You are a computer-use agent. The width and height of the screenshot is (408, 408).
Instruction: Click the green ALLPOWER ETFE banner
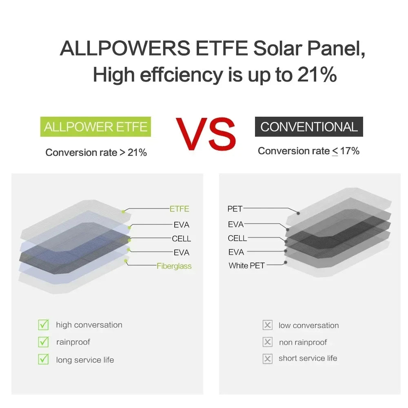point(95,126)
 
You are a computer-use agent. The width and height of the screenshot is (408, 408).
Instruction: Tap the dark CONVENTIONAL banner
point(309,126)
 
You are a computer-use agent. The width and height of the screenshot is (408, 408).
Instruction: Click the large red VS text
point(206,133)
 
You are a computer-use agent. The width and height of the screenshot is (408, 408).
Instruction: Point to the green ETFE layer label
point(180,209)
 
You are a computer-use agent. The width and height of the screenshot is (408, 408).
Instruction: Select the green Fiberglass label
point(174,266)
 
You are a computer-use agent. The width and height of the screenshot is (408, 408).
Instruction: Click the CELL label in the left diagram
point(181,239)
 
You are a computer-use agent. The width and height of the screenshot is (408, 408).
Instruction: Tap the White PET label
point(246,266)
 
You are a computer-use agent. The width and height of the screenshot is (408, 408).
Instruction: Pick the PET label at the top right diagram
point(235,209)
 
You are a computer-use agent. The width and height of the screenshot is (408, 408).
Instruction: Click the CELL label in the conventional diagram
point(237,238)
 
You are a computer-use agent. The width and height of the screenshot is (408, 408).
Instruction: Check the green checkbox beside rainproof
point(43,342)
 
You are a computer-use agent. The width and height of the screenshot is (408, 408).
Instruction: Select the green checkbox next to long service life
point(43,359)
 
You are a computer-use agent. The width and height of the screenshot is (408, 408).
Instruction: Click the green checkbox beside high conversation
point(43,325)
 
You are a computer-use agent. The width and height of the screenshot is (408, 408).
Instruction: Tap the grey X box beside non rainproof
point(268,342)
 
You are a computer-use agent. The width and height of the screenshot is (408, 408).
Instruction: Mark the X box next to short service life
point(268,359)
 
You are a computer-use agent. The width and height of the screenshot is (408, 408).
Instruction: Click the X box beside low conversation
point(268,325)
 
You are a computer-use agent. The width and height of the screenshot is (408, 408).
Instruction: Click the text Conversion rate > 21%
point(96,153)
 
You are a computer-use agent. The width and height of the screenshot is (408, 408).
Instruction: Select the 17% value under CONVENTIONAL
point(350,151)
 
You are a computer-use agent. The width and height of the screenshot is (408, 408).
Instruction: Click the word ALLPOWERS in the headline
point(125,49)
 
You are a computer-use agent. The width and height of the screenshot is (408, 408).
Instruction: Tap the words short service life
point(308,358)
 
